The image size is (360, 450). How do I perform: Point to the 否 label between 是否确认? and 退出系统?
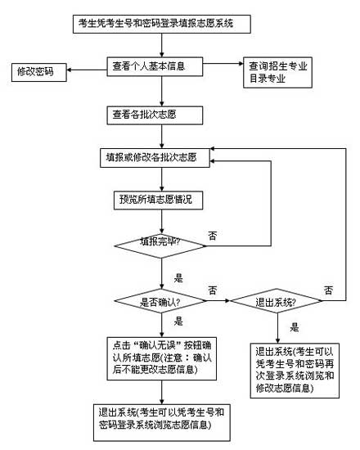(212, 290)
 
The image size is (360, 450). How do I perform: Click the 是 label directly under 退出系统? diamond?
(294, 327)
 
